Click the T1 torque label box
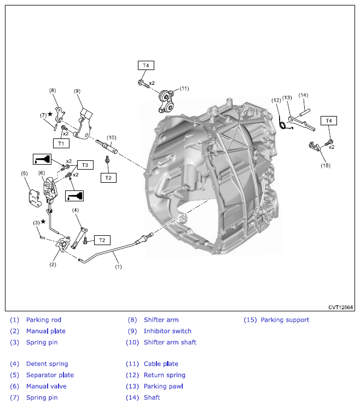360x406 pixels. (61, 143)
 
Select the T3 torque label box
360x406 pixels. (85, 165)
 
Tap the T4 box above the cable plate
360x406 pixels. (146, 65)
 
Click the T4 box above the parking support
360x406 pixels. (328, 120)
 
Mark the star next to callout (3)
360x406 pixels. (43, 222)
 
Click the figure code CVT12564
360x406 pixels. (340, 307)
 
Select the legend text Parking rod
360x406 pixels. (44, 320)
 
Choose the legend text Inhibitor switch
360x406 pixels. (167, 331)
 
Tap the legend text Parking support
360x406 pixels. (284, 320)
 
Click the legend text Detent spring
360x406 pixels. (47, 364)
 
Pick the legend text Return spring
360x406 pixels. (164, 375)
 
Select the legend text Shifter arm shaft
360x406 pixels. (170, 342)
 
